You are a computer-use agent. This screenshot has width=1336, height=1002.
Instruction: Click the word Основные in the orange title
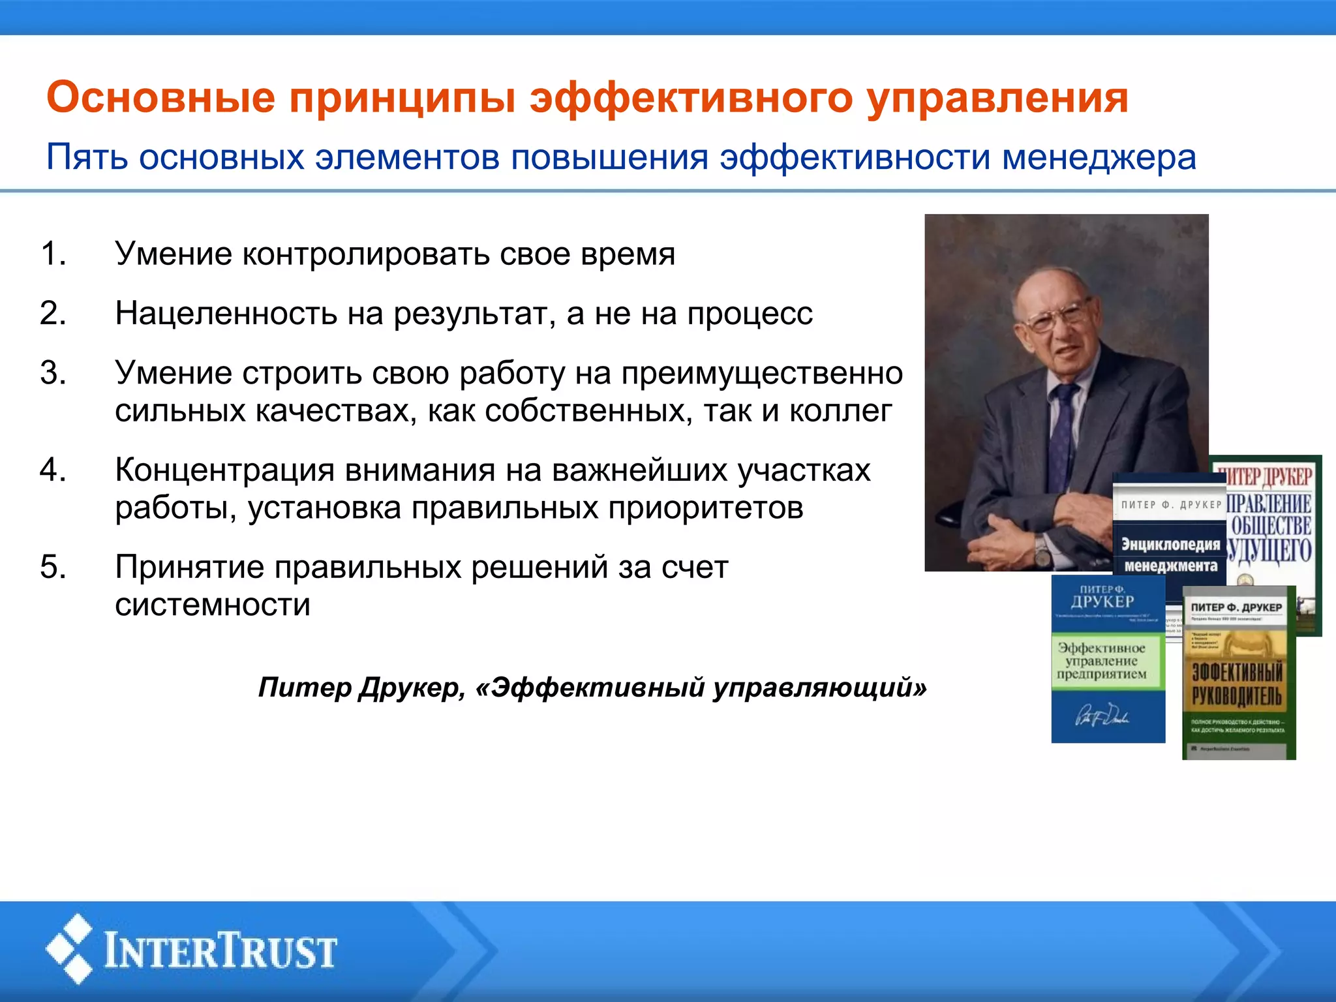pyautogui.click(x=161, y=98)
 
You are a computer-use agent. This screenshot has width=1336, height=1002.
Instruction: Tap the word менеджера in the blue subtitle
pyautogui.click(x=1099, y=158)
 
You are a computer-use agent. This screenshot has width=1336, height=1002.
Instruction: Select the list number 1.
pyautogui.click(x=53, y=254)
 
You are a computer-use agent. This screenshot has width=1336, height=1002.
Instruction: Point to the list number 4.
pyautogui.click(x=53, y=470)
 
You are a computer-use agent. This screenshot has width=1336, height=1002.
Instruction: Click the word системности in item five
pyautogui.click(x=213, y=605)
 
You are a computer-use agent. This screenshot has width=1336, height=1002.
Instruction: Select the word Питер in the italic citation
pyautogui.click(x=304, y=688)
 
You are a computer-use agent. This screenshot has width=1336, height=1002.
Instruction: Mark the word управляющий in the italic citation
pyautogui.click(x=819, y=688)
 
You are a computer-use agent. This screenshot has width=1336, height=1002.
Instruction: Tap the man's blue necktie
pyautogui.click(x=1063, y=431)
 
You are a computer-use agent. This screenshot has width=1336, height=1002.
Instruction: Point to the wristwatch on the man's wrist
pyautogui.click(x=1042, y=554)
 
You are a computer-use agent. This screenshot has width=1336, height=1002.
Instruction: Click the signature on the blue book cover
pyautogui.click(x=1102, y=715)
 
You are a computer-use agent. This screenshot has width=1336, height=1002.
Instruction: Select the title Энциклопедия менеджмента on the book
pyautogui.click(x=1170, y=554)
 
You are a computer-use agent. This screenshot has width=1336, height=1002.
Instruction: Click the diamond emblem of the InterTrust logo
pyautogui.click(x=70, y=949)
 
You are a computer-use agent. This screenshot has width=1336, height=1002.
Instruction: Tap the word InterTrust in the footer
pyautogui.click(x=220, y=951)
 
